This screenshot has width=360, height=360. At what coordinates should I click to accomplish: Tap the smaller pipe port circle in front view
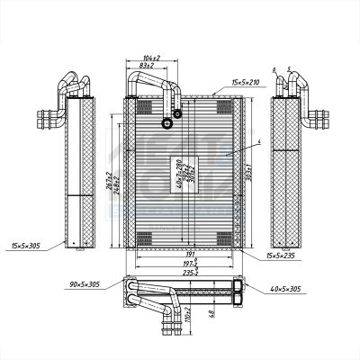click(x=177, y=113)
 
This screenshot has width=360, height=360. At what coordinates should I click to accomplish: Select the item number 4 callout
click(x=256, y=142)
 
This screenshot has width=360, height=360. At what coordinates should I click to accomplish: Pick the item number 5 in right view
click(x=287, y=69)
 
